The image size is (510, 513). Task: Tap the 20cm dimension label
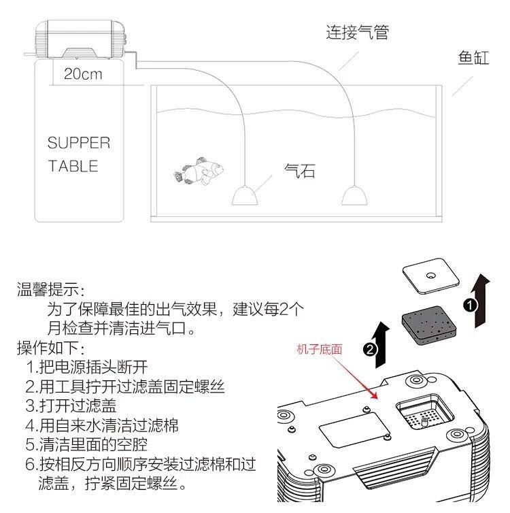(83, 74)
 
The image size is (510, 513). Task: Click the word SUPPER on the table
(78, 143)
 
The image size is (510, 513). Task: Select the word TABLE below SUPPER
(73, 166)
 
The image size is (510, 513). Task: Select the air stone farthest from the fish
(354, 195)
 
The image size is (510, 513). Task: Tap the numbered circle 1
(469, 305)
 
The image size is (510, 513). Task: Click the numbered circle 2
(369, 350)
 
